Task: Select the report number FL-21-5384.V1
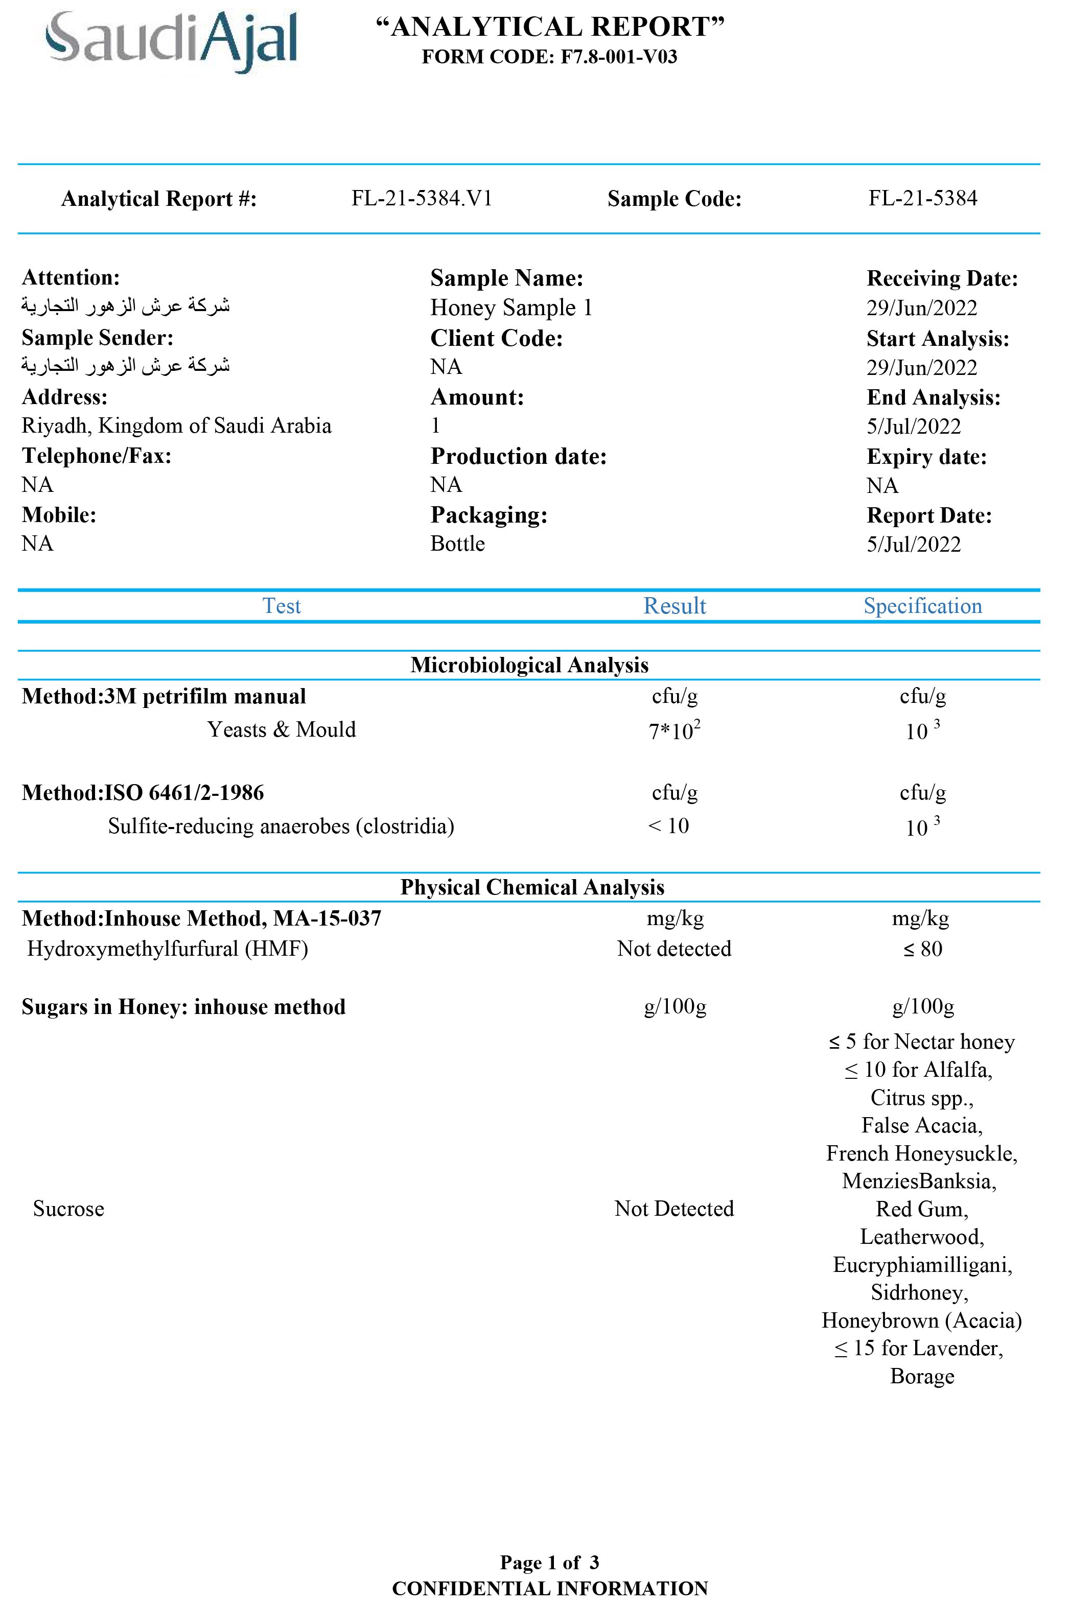coord(422,199)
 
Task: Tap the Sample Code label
coord(674,199)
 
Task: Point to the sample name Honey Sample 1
coord(511,308)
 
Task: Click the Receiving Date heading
coord(942,278)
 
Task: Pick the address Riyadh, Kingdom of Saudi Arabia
coord(176,426)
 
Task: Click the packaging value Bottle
coord(457,544)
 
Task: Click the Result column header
coord(674,606)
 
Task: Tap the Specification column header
coord(923,606)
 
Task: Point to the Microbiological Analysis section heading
coord(529,665)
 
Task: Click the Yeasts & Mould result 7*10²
coord(674,730)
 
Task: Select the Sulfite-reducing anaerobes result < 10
coord(669,826)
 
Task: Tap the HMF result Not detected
coord(674,949)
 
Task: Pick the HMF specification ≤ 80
coord(923,949)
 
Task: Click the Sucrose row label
coord(68,1209)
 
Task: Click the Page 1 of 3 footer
coord(549,1563)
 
